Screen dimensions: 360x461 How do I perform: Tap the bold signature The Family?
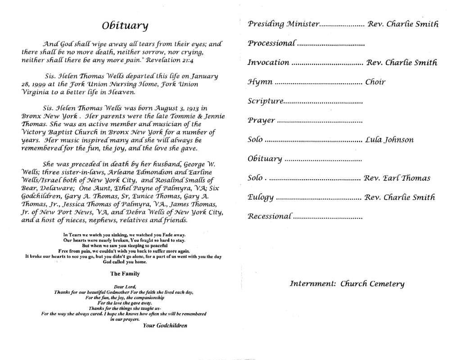[x=125, y=273]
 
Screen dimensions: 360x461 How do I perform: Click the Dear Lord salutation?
[x=125, y=287]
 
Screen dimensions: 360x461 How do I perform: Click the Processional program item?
[x=272, y=43]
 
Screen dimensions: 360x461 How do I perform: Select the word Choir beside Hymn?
[x=375, y=82]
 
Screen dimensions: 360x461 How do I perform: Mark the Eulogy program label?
[x=260, y=197]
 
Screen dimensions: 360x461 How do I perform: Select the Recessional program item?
[x=270, y=216]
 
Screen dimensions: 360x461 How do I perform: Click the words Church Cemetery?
[x=372, y=284]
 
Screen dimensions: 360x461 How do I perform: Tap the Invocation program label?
[x=268, y=63]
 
